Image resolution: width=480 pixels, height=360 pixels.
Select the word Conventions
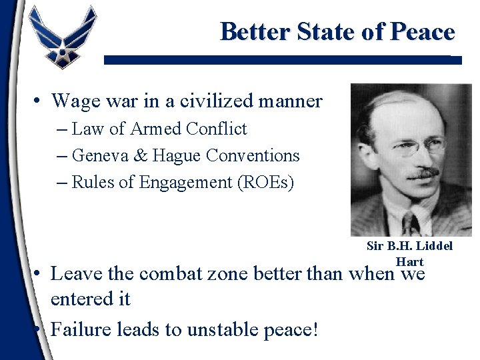253,155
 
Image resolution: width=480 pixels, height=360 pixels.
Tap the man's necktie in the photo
409,223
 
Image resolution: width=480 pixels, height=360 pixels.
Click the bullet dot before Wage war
40,102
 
